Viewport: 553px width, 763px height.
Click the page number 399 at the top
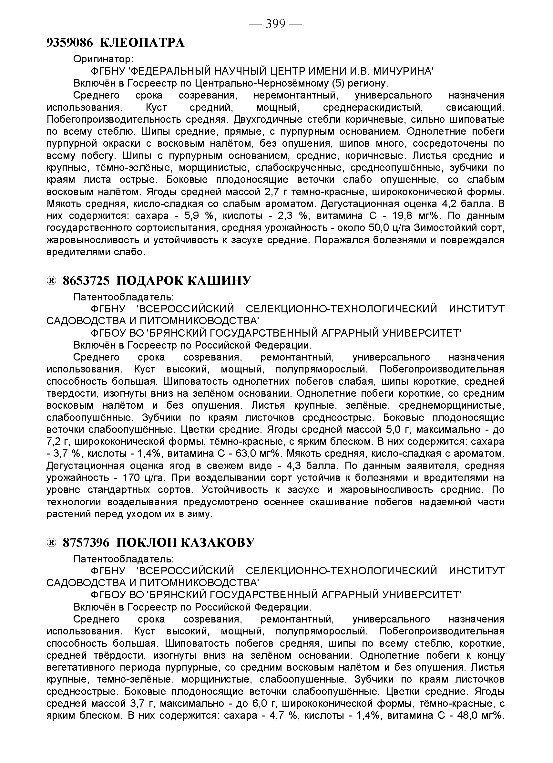[275, 24]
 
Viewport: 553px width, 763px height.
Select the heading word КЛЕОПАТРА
[143, 43]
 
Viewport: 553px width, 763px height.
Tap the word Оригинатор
[103, 59]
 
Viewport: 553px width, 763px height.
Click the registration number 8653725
[86, 280]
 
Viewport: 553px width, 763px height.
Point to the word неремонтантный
[295, 96]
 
